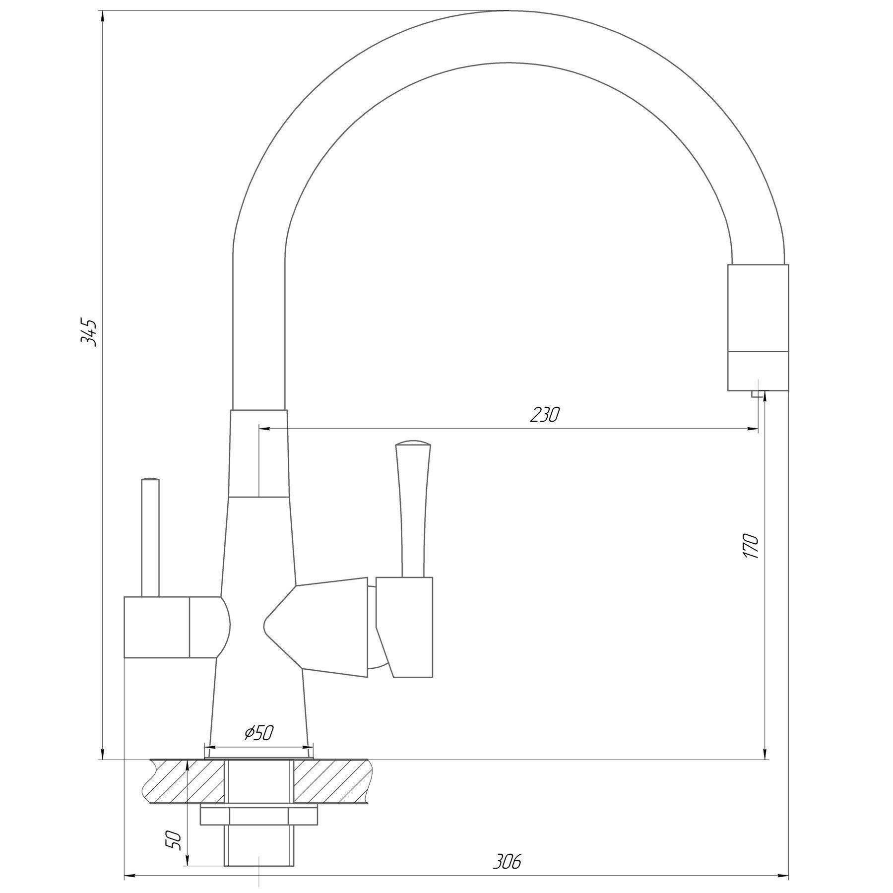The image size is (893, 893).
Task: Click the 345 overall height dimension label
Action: point(90,332)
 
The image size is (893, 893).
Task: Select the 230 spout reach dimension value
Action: point(544,415)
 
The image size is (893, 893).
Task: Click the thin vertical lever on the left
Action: point(150,538)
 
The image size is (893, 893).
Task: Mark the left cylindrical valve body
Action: point(156,627)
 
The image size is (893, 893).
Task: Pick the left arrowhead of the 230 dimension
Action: point(263,429)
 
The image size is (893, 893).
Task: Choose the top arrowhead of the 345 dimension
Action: point(102,16)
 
